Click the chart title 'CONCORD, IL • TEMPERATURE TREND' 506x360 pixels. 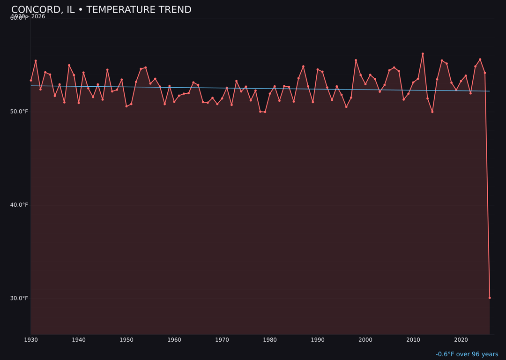(101, 10)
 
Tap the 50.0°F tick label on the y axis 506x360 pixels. (19, 112)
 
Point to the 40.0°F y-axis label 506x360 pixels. (19, 205)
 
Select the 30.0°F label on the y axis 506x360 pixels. (19, 298)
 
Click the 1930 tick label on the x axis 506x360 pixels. (31, 340)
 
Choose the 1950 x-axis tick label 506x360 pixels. (126, 340)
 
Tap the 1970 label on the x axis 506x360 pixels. (222, 340)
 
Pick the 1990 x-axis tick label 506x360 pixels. (318, 340)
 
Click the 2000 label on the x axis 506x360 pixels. (365, 340)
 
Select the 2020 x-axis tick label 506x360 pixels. (461, 340)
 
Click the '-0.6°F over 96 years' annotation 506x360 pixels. (467, 354)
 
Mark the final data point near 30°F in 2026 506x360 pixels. (490, 298)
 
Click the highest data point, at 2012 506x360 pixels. (423, 54)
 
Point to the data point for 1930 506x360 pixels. (31, 80)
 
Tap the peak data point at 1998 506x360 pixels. (356, 60)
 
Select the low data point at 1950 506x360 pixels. (126, 106)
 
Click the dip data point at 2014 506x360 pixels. (432, 112)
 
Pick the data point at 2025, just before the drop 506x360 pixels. (485, 73)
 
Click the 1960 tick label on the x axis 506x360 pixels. (174, 340)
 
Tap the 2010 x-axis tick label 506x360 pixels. (413, 340)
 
